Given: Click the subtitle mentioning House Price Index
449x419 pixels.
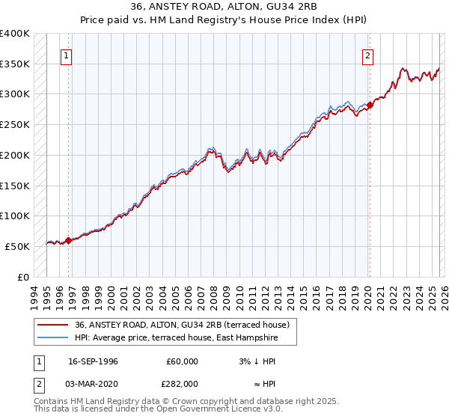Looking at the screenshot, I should [x=224, y=22].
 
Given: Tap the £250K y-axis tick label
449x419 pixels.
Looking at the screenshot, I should [x=15, y=124].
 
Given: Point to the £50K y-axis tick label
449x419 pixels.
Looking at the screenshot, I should [x=17, y=246].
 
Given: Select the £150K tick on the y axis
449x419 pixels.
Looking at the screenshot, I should [x=15, y=186].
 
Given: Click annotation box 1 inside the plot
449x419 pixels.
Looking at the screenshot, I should [x=67, y=55].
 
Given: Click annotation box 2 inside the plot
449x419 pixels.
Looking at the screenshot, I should [x=369, y=55].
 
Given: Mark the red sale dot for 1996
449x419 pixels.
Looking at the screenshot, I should [x=68, y=240].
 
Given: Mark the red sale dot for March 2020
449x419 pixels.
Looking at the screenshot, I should [x=369, y=105].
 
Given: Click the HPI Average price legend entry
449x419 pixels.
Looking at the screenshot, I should [x=176, y=337].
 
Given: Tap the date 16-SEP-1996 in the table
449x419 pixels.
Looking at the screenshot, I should [x=93, y=361].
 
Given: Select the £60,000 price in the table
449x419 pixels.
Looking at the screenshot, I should [x=182, y=361].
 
